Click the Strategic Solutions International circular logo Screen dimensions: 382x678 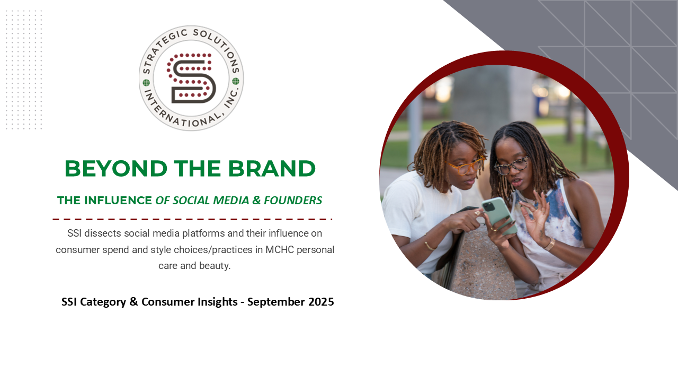[x=191, y=78]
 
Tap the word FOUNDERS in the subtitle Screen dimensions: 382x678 [x=293, y=201]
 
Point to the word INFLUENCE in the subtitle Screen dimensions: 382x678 [x=119, y=201]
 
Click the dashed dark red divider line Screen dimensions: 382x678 [x=192, y=219]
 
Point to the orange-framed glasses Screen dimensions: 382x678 [x=465, y=166]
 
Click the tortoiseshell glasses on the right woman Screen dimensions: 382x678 [x=512, y=166]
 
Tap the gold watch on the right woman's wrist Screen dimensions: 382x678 [x=550, y=244]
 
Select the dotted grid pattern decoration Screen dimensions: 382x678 [x=24, y=70]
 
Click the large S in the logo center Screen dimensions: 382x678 [x=191, y=78]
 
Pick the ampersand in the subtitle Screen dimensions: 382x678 [x=256, y=201]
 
